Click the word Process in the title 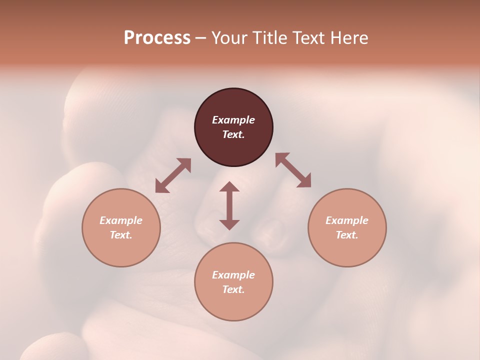point(157,38)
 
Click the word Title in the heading point(270,38)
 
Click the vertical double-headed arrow point(229,205)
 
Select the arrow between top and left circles point(173,175)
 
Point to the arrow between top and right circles point(293,170)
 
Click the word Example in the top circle point(233,120)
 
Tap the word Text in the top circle point(233,134)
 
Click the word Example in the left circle point(121,220)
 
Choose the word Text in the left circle point(121,235)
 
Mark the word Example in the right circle point(347,220)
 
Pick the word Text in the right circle point(347,235)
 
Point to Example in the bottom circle point(233,275)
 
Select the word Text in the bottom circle point(233,289)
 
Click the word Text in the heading point(309,38)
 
